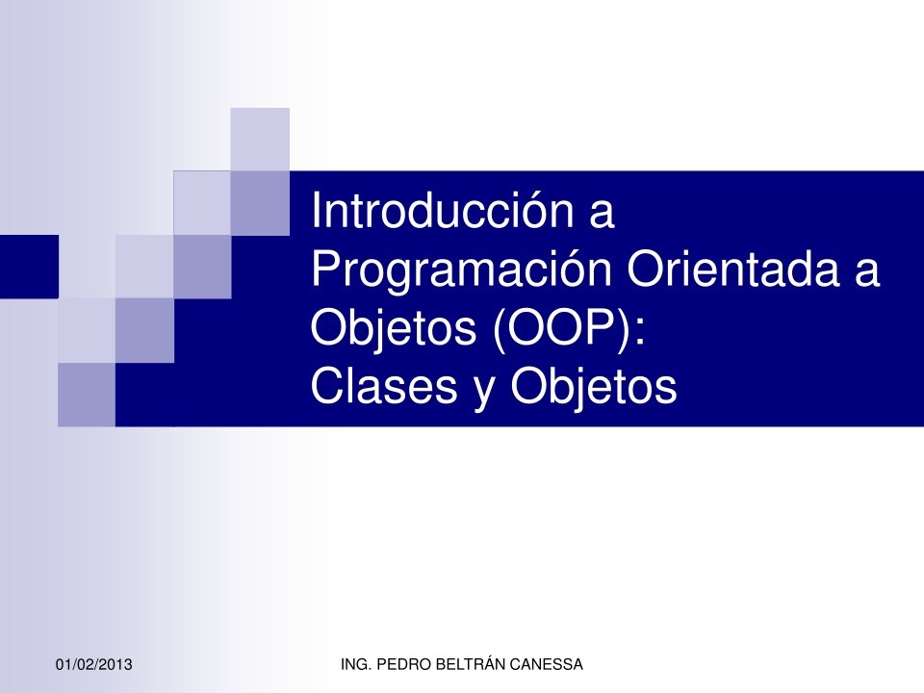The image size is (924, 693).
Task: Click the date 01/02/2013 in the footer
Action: tap(94, 666)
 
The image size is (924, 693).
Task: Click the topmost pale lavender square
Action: tap(260, 139)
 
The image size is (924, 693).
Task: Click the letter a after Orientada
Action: tap(864, 273)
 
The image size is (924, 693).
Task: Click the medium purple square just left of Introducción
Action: tap(260, 203)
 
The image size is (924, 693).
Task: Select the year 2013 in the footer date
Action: tap(115, 666)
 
